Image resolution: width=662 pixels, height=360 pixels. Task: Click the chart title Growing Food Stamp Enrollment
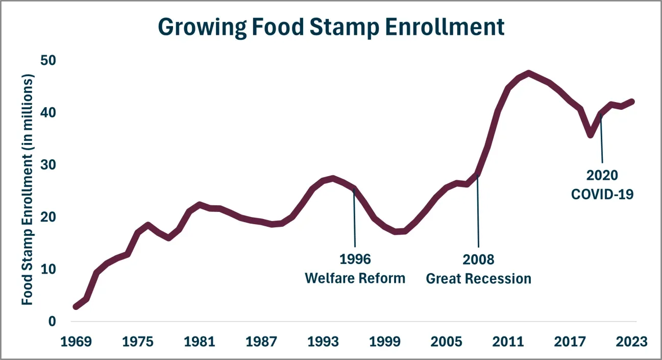pyautogui.click(x=331, y=27)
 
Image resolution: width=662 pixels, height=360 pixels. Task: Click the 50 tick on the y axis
pyautogui.click(x=48, y=60)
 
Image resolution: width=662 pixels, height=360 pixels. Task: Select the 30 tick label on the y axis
pyautogui.click(x=48, y=165)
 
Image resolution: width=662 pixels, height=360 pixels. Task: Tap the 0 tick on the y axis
pyautogui.click(x=52, y=321)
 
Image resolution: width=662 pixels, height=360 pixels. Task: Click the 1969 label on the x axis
pyautogui.click(x=76, y=342)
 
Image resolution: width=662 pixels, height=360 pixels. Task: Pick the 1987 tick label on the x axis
pyautogui.click(x=261, y=342)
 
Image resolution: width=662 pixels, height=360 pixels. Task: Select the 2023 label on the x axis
pyautogui.click(x=631, y=342)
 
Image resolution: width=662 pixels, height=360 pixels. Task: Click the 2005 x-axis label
pyautogui.click(x=446, y=342)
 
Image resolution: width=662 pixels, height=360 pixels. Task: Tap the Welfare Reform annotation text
pyautogui.click(x=355, y=278)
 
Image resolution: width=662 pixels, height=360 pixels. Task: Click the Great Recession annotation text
pyautogui.click(x=478, y=279)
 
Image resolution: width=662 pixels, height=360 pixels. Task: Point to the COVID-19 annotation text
pyautogui.click(x=602, y=195)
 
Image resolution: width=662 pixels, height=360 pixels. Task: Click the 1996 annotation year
pyautogui.click(x=355, y=259)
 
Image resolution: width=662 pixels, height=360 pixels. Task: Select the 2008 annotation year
pyautogui.click(x=478, y=259)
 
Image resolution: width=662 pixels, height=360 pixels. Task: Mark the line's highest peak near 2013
pyautogui.click(x=529, y=73)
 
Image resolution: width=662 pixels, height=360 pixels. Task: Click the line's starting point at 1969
pyautogui.click(x=76, y=306)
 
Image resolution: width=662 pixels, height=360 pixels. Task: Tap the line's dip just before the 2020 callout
pyautogui.click(x=591, y=135)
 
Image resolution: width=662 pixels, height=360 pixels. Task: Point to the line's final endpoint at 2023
pyautogui.click(x=632, y=102)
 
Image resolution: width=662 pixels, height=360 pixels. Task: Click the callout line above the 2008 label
pyautogui.click(x=478, y=211)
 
